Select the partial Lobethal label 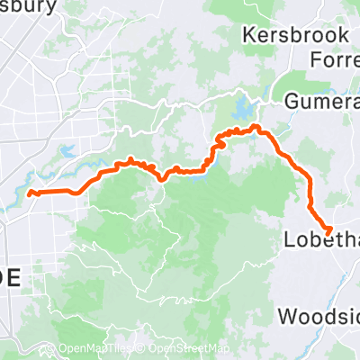320,240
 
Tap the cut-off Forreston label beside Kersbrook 334,60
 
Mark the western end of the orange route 30,193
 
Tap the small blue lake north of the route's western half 66,152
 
